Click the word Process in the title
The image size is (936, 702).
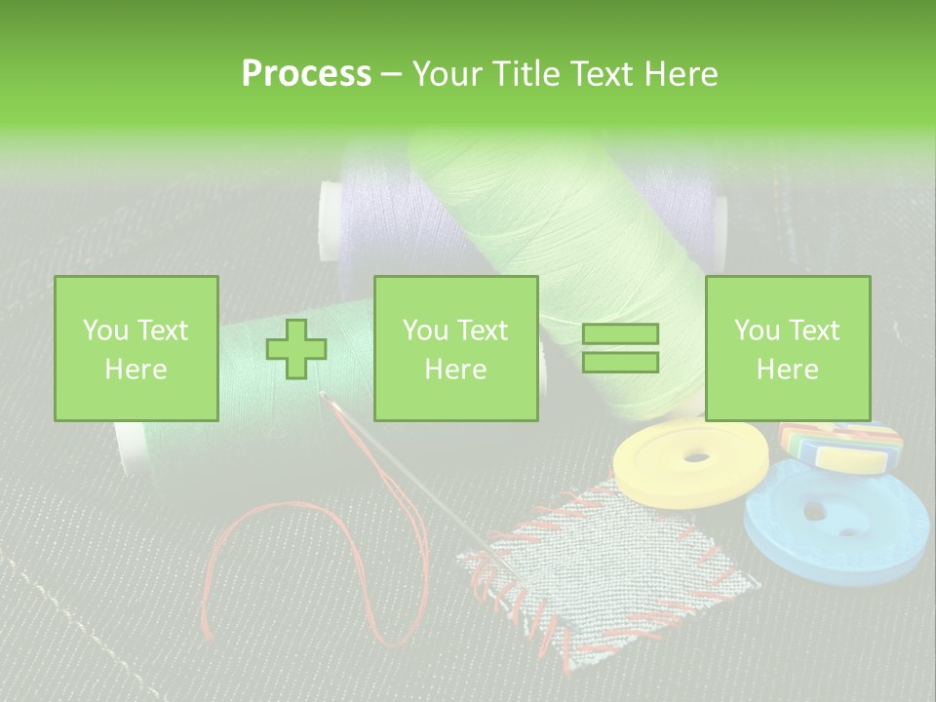(x=306, y=74)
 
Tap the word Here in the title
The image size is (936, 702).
(x=679, y=74)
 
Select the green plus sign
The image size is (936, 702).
(x=296, y=349)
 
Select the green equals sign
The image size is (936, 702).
(x=620, y=349)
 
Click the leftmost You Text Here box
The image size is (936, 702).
(x=136, y=349)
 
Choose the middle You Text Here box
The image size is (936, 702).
(x=455, y=349)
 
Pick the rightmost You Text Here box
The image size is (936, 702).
(x=787, y=349)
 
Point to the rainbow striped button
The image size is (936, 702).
(x=840, y=446)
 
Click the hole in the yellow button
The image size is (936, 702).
(x=698, y=456)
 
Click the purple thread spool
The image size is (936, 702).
(x=375, y=210)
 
